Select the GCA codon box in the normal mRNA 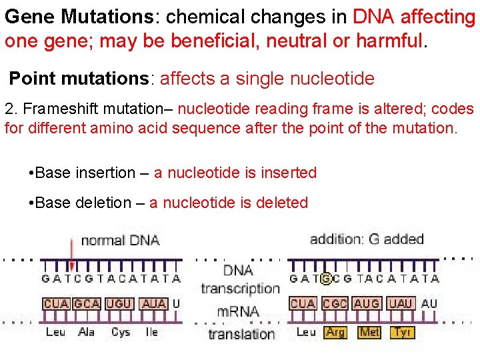pyautogui.click(x=87, y=303)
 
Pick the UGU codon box pyautogui.click(x=120, y=303)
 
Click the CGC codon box pyautogui.click(x=335, y=303)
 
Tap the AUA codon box pyautogui.click(x=154, y=303)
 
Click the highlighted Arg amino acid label pyautogui.click(x=335, y=331)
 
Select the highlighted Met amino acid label pyautogui.click(x=369, y=331)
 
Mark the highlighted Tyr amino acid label pyautogui.click(x=402, y=331)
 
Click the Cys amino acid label pyautogui.click(x=121, y=331)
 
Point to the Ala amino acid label pyautogui.click(x=87, y=331)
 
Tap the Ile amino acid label pyautogui.click(x=152, y=331)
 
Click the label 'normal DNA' pyautogui.click(x=120, y=239)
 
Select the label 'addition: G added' pyautogui.click(x=366, y=239)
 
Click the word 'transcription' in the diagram pyautogui.click(x=239, y=288)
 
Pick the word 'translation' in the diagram pyautogui.click(x=241, y=333)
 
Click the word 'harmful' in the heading pyautogui.click(x=389, y=41)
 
